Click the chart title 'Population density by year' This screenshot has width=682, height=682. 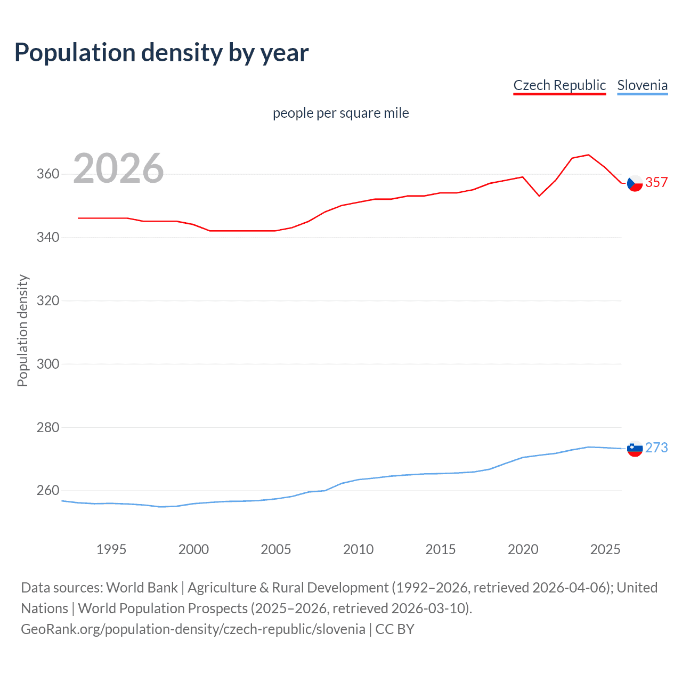pyautogui.click(x=161, y=53)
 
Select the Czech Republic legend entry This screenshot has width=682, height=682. pyautogui.click(x=559, y=85)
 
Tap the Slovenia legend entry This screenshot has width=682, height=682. pyautogui.click(x=642, y=85)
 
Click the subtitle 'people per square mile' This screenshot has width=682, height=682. pyautogui.click(x=340, y=113)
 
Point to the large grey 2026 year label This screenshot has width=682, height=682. pyautogui.click(x=118, y=168)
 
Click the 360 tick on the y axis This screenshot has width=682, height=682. pyautogui.click(x=48, y=174)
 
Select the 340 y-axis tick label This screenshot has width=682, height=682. pyautogui.click(x=48, y=237)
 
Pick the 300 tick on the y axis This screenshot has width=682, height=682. pyautogui.click(x=48, y=364)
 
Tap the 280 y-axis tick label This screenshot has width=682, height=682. pyautogui.click(x=48, y=427)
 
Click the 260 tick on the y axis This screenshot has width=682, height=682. pyautogui.click(x=48, y=490)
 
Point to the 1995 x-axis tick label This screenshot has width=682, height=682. pyautogui.click(x=111, y=549)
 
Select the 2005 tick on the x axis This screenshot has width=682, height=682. pyautogui.click(x=275, y=549)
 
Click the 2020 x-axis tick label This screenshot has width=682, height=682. pyautogui.click(x=523, y=549)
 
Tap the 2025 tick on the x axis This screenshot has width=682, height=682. pyautogui.click(x=605, y=549)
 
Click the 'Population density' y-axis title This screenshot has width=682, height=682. pyautogui.click(x=22, y=330)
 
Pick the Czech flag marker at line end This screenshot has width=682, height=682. pyautogui.click(x=635, y=183)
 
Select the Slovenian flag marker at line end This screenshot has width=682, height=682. pyautogui.click(x=635, y=449)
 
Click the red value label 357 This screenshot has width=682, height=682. pyautogui.click(x=656, y=182)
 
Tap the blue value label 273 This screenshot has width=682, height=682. pyautogui.click(x=656, y=448)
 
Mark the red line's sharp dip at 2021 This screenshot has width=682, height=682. pyautogui.click(x=539, y=196)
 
